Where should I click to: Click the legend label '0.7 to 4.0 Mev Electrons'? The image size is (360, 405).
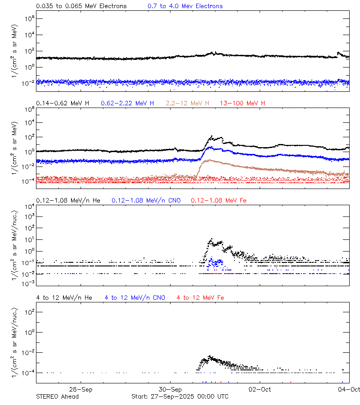[x=185, y=6]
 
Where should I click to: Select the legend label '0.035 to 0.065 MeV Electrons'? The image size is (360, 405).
[x=81, y=6]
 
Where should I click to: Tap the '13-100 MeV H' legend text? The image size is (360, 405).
[x=243, y=103]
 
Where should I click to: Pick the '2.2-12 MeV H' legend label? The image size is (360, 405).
[x=188, y=103]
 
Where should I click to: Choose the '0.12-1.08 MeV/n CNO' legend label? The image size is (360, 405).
[x=146, y=200]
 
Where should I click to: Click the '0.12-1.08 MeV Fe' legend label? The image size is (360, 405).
[x=218, y=200]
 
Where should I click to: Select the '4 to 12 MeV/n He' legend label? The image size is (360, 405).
[x=64, y=298]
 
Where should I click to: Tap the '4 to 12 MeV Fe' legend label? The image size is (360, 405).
[x=200, y=298]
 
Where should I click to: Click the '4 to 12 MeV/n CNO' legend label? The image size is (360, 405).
[x=135, y=298]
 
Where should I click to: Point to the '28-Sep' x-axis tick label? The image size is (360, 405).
[x=81, y=389]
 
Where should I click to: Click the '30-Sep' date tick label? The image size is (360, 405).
[x=170, y=389]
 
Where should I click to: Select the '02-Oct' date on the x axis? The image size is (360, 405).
[x=259, y=389]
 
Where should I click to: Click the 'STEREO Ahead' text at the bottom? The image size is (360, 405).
[x=57, y=396]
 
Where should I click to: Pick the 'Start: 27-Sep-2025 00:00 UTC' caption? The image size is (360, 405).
[x=180, y=396]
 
